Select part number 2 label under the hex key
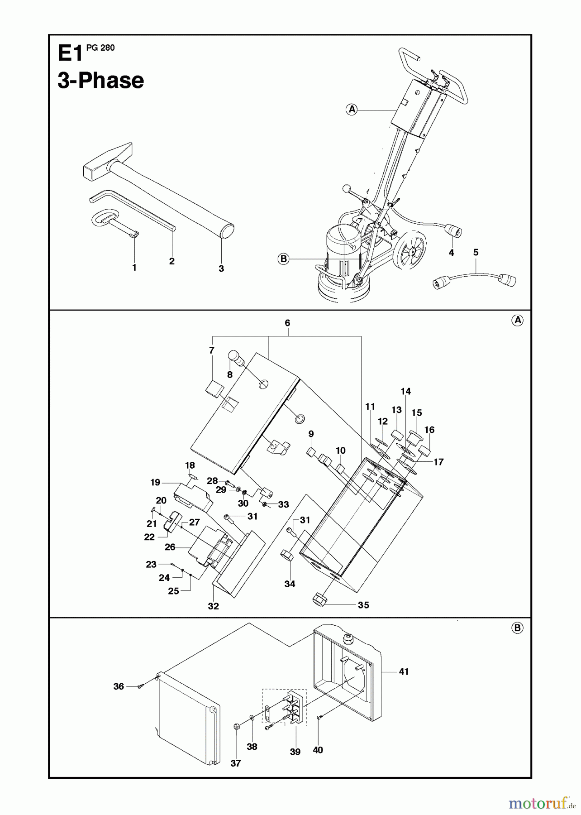(x=171, y=261)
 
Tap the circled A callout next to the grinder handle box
(x=352, y=109)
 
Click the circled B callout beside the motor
(x=283, y=259)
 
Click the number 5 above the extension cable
(x=476, y=252)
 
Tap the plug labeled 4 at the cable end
(x=454, y=231)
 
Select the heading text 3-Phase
(x=101, y=81)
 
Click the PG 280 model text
(x=100, y=48)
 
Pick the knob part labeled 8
(x=237, y=358)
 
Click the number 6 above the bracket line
(x=287, y=323)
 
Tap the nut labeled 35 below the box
(x=320, y=600)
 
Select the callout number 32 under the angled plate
(x=213, y=606)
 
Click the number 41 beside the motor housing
(x=404, y=672)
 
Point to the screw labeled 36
(x=140, y=687)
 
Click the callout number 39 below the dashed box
(x=295, y=752)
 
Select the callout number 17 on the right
(x=438, y=462)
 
